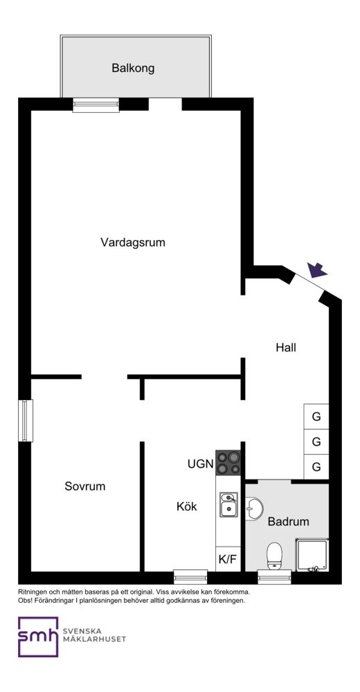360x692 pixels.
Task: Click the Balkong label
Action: point(133,69)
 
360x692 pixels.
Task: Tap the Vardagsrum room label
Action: point(133,242)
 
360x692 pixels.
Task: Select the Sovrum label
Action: point(85,486)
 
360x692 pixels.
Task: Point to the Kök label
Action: point(187,507)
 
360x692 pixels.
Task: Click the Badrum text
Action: point(289,522)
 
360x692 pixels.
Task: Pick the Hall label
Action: point(286,347)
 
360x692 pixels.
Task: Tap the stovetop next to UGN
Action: point(228,462)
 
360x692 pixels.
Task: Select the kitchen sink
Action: point(229,504)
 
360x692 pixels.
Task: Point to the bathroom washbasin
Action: point(253,509)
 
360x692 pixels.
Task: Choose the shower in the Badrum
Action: point(312,555)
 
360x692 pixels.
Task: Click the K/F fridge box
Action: point(228,559)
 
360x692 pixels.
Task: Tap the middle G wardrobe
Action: point(316,441)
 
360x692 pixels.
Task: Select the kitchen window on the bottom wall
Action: point(190,576)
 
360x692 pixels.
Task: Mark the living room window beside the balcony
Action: point(96,105)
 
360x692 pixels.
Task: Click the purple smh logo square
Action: point(38,637)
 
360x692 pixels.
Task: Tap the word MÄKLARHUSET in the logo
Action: point(95,639)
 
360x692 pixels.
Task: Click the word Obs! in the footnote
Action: point(25,601)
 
